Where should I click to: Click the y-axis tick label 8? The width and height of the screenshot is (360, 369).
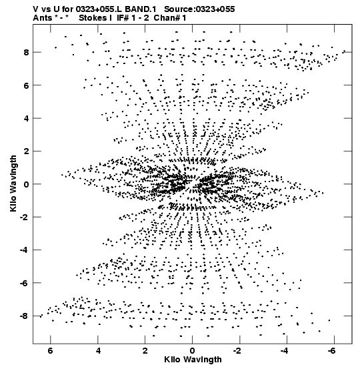tap(26, 52)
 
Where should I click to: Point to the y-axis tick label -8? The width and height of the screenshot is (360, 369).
tap(24, 316)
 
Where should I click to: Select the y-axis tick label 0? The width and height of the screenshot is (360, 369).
tap(26, 184)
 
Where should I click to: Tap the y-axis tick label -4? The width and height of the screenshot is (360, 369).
tap(24, 250)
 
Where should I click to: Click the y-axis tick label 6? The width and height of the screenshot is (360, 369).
tap(26, 85)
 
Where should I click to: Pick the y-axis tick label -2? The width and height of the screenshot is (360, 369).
tap(24, 217)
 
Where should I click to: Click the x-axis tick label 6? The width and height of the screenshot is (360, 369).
tap(50, 351)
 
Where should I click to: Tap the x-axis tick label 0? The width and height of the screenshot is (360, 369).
tap(192, 351)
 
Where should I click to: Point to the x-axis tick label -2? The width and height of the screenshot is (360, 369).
tap(238, 351)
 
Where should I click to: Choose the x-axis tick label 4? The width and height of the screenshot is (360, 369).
tap(98, 351)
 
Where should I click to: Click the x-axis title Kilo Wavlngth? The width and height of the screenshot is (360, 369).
tap(193, 360)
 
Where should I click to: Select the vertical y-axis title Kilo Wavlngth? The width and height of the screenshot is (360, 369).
tap(13, 183)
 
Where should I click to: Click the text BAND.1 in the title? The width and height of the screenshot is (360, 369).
tap(141, 9)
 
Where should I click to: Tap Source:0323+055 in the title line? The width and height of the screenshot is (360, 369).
tap(199, 9)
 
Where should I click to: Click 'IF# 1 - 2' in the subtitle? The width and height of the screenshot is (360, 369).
tap(133, 18)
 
